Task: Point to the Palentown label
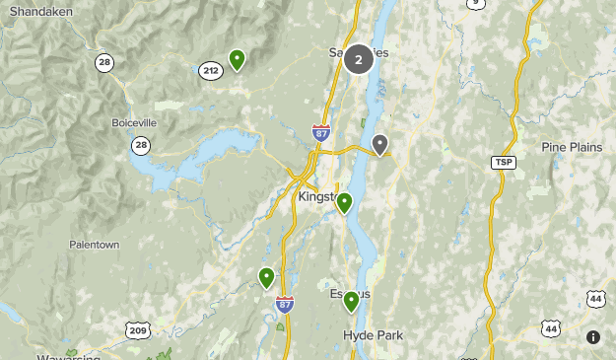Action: [94, 244]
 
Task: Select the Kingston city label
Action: [317, 197]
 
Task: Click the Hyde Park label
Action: [374, 335]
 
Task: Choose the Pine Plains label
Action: [572, 147]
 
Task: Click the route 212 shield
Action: [210, 70]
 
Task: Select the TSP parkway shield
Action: [503, 161]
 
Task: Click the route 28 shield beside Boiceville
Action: [141, 145]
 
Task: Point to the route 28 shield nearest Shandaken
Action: [104, 62]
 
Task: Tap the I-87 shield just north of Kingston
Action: [321, 131]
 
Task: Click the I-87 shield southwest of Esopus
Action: [285, 304]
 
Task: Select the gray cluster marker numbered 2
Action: [359, 60]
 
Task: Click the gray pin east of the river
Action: [380, 144]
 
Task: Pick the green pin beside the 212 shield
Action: [237, 59]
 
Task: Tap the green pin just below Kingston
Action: [344, 203]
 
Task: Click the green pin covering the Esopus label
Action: [351, 301]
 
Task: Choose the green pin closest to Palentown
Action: [266, 277]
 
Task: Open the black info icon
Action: [593, 337]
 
